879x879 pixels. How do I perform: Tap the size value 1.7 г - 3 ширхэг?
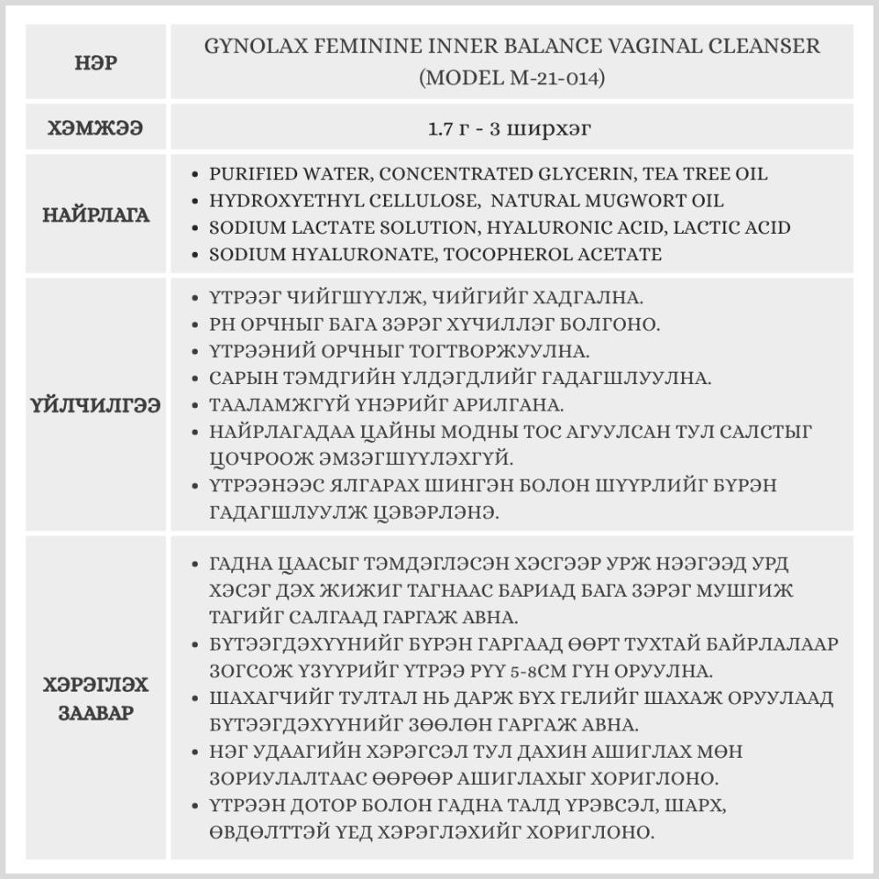pos(509,128)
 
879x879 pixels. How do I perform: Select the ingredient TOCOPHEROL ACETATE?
pos(559,254)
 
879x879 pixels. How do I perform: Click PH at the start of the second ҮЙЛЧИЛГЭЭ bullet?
pos(222,324)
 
